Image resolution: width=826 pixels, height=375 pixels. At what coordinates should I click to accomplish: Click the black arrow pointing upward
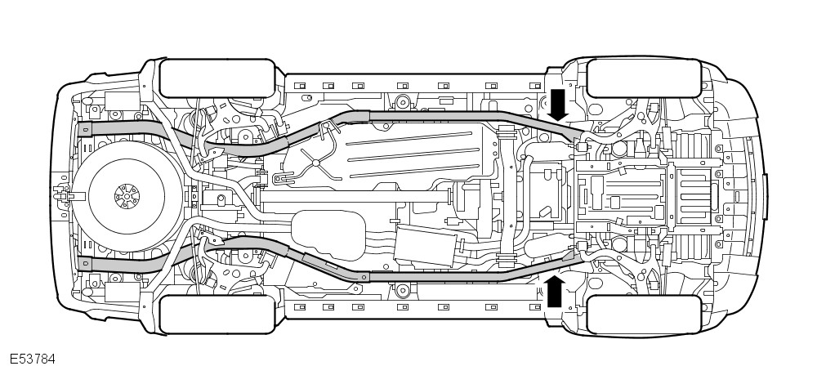coord(555,289)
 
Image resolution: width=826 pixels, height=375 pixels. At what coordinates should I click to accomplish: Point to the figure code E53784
coord(32,359)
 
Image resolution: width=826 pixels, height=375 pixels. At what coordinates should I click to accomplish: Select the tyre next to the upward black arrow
coord(644,314)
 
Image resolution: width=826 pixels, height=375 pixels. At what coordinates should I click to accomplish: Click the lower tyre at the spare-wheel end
coord(215,314)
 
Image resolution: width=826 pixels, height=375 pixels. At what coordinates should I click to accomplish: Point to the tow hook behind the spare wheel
coord(60,196)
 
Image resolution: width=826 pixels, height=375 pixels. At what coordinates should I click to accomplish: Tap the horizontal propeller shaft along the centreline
coord(359,196)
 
